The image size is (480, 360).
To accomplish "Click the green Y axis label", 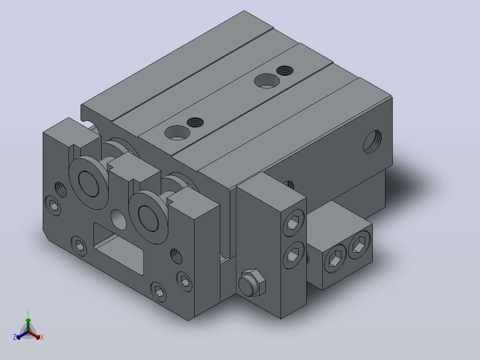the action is [28, 313].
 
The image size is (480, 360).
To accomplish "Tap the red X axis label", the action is [42, 337].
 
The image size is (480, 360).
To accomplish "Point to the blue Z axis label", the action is [14, 337].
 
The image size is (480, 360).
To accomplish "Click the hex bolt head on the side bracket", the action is [252, 283].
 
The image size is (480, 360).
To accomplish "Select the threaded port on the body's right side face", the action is [373, 142].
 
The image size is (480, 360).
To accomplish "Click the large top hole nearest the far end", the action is [267, 81].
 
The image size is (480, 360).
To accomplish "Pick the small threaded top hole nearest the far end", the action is [285, 70].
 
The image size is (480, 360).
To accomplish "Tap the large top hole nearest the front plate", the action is [177, 133].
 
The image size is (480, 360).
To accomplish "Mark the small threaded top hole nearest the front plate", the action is [195, 123].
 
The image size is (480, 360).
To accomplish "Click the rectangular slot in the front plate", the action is [118, 249].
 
